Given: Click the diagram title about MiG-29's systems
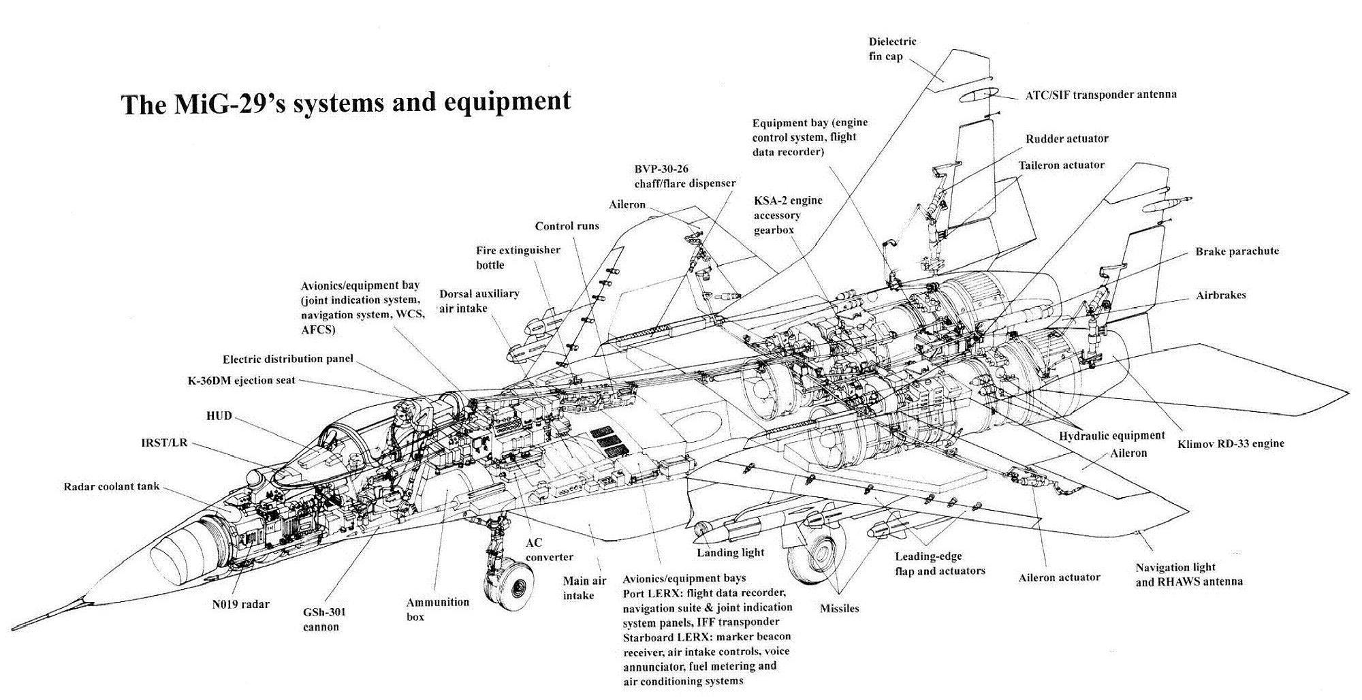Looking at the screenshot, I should coord(345,103).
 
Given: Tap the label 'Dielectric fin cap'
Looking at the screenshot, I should coord(892,49).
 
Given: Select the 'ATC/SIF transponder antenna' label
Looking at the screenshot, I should coord(1100,95).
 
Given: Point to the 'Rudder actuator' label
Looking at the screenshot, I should coord(1066,139).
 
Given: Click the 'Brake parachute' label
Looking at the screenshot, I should coord(1237,251).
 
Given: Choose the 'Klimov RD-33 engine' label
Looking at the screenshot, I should coord(1231,443).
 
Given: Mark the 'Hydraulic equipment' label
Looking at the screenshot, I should coord(1111,436).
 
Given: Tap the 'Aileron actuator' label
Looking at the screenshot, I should coord(1059,577).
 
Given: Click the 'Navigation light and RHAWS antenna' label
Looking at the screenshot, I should coord(1188,574).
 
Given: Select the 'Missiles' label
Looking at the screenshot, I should coord(839,608).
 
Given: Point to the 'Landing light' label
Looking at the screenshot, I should coord(730,552).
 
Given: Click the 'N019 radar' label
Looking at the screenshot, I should coord(239,603).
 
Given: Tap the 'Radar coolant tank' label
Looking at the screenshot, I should coord(111,487).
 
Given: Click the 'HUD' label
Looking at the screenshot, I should coord(219,415).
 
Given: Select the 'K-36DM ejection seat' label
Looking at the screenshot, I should coord(241,381).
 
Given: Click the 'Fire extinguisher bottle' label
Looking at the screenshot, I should coord(518,257).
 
